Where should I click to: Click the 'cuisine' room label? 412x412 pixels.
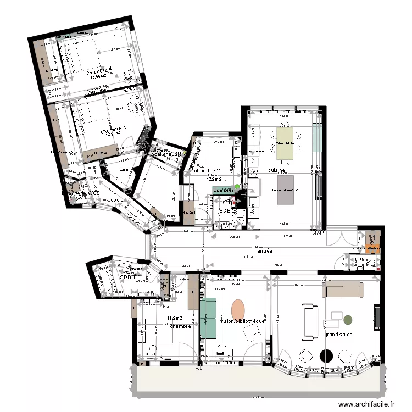coord(276,171)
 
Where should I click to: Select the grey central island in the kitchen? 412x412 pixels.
coord(288,190)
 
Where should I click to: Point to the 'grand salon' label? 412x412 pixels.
coord(338,335)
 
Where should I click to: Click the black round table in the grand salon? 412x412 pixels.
coord(327,355)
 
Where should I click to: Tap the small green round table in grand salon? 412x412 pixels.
coord(348,319)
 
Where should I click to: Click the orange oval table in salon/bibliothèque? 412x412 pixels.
coord(238,309)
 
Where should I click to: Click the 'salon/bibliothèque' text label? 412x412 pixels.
coord(242,321)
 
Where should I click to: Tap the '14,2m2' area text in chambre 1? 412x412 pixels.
coord(174,318)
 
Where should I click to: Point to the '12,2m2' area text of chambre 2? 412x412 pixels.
coord(215,179)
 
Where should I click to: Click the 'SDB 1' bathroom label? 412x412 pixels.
coord(127,277)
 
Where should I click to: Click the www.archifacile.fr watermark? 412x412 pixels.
coord(367,404)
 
